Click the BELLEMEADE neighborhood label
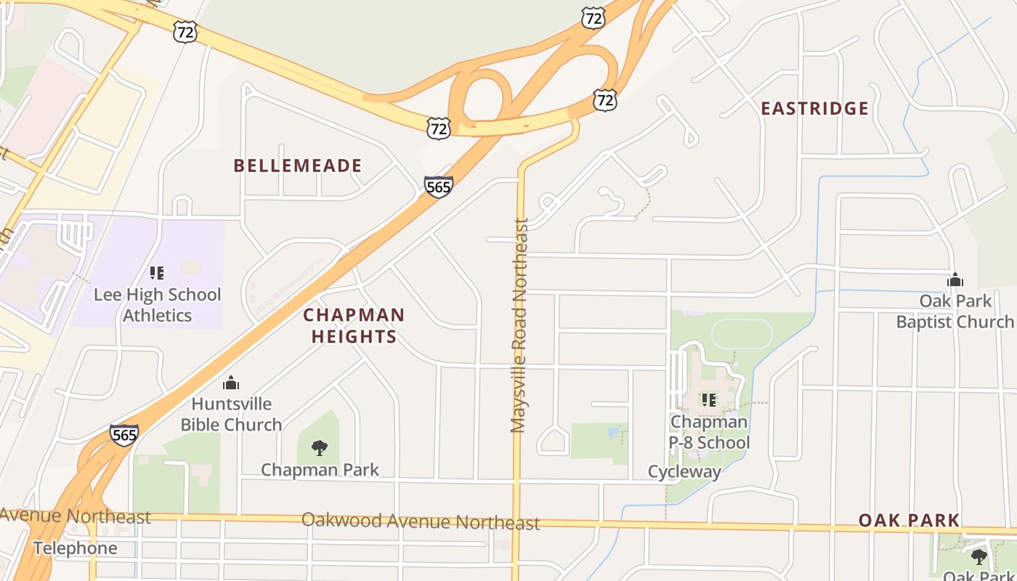297,166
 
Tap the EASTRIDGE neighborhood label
814,109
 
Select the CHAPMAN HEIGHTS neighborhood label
354,325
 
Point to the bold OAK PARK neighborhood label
909,520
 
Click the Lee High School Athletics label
157,305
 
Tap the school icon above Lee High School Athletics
157,273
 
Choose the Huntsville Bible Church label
231,414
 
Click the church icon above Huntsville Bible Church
231,383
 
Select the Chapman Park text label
320,470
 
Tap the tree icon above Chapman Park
319,447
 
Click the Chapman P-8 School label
708,432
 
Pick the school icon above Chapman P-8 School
708,399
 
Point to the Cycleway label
684,472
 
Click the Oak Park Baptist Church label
955,311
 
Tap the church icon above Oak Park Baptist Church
955,280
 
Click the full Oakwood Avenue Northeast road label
421,521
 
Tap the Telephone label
75,548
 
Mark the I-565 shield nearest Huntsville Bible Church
124,434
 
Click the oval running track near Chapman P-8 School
741,334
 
